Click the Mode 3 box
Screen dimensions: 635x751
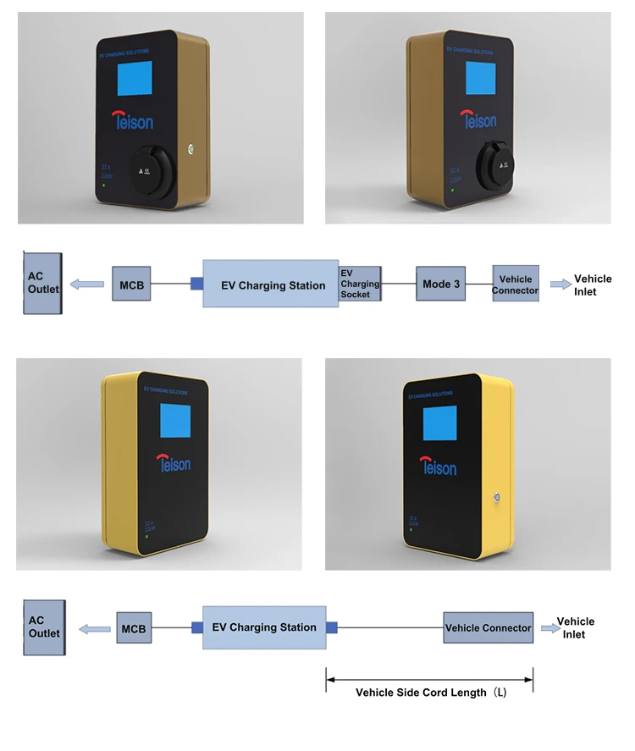point(440,284)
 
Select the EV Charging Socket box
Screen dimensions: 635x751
point(360,284)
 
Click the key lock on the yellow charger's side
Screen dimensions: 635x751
point(498,498)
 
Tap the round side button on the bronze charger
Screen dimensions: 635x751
point(192,149)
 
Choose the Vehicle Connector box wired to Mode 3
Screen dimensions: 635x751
point(516,284)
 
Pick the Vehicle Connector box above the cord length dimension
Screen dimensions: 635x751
point(489,628)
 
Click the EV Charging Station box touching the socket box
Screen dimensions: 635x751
point(271,284)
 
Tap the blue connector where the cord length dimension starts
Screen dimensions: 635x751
point(332,627)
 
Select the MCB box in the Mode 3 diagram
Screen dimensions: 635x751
point(132,284)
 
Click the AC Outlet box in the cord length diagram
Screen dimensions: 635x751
point(44,627)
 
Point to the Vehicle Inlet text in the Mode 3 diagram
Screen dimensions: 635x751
point(592,285)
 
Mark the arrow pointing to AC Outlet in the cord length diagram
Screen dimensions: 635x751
point(94,628)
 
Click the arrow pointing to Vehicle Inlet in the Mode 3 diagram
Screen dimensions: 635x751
point(560,284)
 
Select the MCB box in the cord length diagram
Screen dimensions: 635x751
point(133,628)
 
